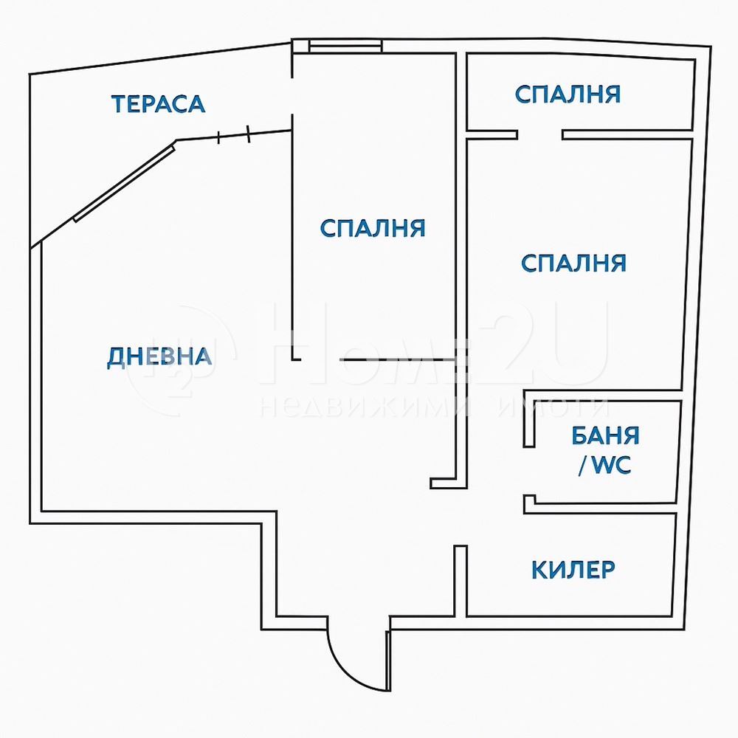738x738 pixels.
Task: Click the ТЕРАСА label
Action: pyautogui.click(x=158, y=104)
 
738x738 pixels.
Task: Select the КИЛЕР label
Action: pyautogui.click(x=573, y=570)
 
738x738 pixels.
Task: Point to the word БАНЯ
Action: pyautogui.click(x=605, y=436)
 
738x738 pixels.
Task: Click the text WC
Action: pyautogui.click(x=611, y=465)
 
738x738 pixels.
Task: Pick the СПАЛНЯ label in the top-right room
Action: pyautogui.click(x=568, y=94)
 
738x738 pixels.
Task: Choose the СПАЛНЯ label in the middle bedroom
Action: pyautogui.click(x=372, y=228)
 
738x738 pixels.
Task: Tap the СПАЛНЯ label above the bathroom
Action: pyautogui.click(x=573, y=263)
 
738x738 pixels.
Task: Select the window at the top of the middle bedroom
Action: pyautogui.click(x=345, y=46)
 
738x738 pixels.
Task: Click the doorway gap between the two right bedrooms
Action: pyautogui.click(x=540, y=134)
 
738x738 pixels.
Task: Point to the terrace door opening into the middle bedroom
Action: pyautogui.click(x=292, y=95)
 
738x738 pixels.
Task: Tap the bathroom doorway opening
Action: pyautogui.click(x=529, y=471)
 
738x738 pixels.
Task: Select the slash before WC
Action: pyautogui.click(x=583, y=466)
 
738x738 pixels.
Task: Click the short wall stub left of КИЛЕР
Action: pyautogui.click(x=461, y=581)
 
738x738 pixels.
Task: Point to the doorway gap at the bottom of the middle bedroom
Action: pyautogui.click(x=320, y=359)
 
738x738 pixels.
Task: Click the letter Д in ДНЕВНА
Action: pyautogui.click(x=115, y=358)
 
